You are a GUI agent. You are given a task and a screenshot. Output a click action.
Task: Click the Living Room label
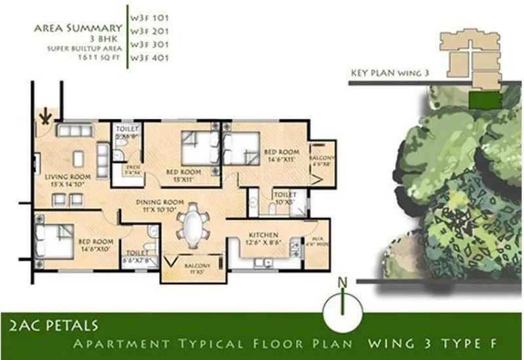pos(67,180)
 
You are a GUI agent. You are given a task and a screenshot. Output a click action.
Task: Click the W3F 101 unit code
pos(146,11)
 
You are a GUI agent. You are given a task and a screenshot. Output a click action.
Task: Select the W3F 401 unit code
pos(146,58)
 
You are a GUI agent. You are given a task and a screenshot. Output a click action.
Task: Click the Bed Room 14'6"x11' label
pos(282,155)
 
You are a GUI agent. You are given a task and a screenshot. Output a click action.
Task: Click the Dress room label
pos(134,168)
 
